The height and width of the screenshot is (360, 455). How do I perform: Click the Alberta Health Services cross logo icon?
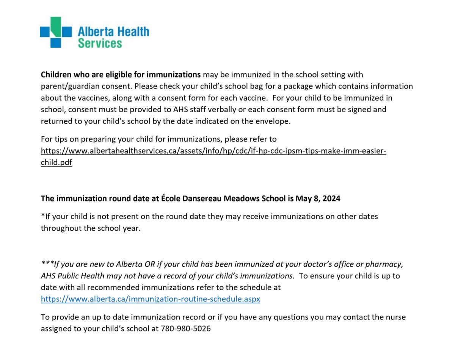click(x=56, y=32)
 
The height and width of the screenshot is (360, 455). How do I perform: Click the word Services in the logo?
click(x=100, y=42)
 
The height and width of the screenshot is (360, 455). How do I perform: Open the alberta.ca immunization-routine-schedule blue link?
click(x=151, y=299)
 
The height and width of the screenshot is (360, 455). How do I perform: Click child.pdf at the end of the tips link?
click(x=56, y=163)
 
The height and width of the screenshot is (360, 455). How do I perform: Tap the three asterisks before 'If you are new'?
click(x=47, y=264)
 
